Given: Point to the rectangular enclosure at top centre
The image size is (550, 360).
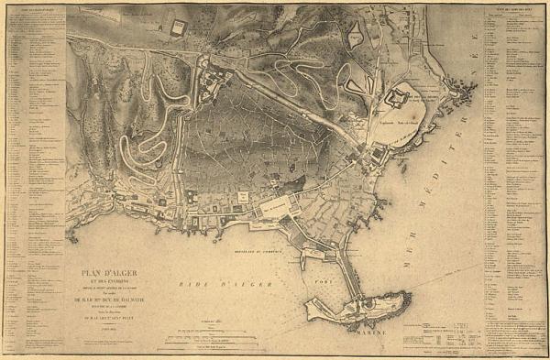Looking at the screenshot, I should point(178,27).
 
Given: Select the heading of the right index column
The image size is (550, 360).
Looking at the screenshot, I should point(510,11).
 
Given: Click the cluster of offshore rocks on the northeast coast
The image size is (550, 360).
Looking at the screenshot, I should point(466,91).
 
